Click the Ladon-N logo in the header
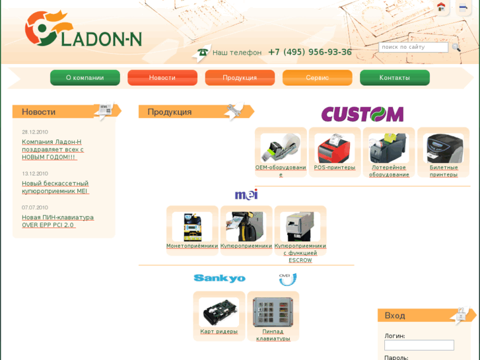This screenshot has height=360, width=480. click(83, 30)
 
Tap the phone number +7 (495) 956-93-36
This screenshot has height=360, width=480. click(309, 52)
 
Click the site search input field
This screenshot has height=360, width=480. click(413, 47)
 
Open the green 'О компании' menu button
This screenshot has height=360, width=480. click(85, 78)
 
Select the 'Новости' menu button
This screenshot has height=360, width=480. click(162, 78)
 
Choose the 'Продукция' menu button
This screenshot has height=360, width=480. click(240, 78)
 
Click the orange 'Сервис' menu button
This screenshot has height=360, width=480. click(318, 78)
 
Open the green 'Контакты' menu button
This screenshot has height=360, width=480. click(395, 78)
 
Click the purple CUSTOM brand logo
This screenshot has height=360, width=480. click(362, 114)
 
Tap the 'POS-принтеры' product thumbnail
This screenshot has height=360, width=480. click(335, 148)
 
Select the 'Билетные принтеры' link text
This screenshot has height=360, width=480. click(444, 171)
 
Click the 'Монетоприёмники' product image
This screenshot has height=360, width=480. click(192, 227)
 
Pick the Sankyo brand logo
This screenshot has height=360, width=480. click(219, 278)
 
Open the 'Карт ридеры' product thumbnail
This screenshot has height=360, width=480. click(219, 312)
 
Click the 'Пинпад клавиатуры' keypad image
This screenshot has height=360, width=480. click(273, 312)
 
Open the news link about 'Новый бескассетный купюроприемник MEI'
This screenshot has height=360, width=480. click(55, 188)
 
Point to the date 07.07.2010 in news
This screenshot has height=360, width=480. click(35, 207)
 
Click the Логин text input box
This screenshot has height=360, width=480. click(419, 345)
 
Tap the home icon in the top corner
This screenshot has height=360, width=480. click(441, 7)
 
